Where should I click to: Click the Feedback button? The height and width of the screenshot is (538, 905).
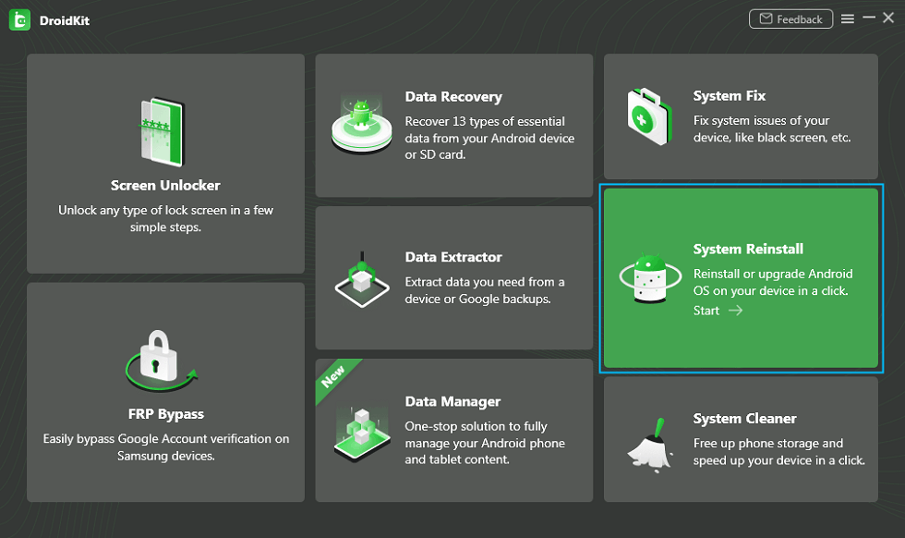[790, 19]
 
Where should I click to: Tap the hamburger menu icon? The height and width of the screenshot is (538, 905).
[848, 19]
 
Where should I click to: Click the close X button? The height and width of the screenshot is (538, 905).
[888, 18]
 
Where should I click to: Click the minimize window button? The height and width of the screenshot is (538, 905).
[869, 18]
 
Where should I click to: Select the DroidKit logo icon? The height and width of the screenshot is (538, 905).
[19, 20]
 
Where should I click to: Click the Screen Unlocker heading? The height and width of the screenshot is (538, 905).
[165, 186]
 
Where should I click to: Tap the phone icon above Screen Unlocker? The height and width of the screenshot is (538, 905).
[163, 132]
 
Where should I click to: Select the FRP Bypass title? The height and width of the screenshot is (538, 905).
[166, 414]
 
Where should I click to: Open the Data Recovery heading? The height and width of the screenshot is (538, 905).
[453, 97]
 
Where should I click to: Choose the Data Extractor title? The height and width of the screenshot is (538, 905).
[453, 257]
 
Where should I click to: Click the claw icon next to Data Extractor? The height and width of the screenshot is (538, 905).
[362, 280]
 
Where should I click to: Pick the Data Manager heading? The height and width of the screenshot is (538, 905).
[453, 401]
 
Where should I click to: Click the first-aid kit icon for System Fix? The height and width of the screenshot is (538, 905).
[649, 116]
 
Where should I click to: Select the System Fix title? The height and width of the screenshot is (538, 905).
[730, 96]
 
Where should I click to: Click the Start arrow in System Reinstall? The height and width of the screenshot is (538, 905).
[735, 311]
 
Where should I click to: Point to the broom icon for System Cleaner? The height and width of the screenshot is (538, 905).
[650, 446]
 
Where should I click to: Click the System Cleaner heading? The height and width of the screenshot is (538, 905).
[745, 419]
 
